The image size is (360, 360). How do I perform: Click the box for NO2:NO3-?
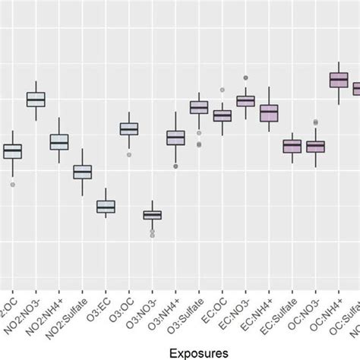coord(36,99)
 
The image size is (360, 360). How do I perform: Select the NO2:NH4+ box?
coord(59,142)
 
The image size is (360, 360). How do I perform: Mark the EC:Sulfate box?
coord(292,146)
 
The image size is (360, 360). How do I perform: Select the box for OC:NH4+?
coord(339,80)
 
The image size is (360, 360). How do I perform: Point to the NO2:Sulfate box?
coord(82,172)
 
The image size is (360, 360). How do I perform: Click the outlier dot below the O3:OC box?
coord(129,154)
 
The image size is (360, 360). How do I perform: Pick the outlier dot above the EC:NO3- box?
coord(245,77)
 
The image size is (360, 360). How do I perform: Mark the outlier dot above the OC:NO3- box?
coord(316,122)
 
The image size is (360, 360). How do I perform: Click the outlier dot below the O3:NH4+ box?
coord(176,166)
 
